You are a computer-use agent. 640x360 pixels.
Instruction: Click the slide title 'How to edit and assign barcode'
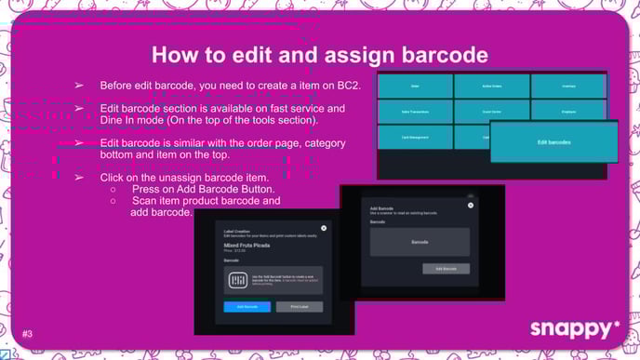319,54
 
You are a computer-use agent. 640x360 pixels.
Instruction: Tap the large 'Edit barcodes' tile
553,142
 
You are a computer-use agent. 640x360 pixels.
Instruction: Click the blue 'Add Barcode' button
247,306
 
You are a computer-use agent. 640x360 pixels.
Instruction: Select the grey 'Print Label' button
300,306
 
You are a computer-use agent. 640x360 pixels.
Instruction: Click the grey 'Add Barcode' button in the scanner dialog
446,268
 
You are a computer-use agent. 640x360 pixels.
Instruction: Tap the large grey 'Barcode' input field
420,241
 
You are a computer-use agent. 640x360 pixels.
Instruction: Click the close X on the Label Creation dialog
324,228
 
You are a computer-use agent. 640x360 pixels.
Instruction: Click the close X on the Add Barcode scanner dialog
470,198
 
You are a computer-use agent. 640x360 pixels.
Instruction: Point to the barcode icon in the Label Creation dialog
236,281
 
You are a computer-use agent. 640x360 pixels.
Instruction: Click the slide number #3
28,332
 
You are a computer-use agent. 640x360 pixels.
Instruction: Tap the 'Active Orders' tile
492,86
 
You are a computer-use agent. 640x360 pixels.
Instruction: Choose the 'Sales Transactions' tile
415,112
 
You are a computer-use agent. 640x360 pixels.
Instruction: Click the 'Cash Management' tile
415,138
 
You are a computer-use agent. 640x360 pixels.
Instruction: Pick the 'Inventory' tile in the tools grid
568,86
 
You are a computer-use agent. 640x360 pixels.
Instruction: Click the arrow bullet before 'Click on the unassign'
79,177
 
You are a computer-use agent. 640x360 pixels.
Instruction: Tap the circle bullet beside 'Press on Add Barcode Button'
113,189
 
